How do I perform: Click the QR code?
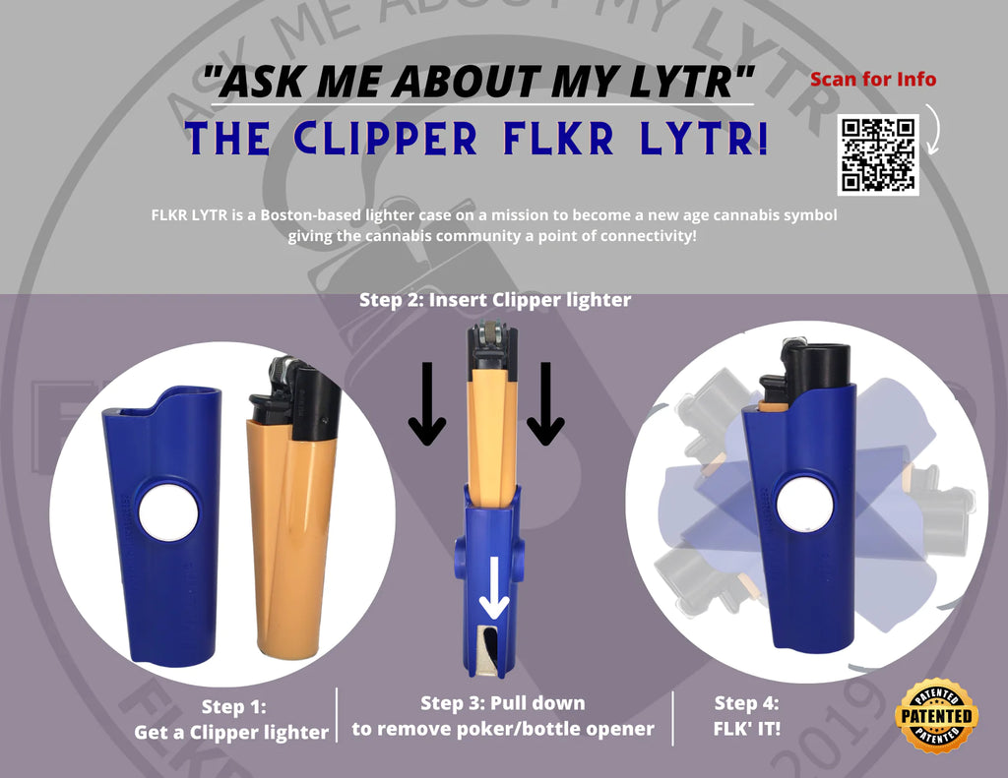pos(878,154)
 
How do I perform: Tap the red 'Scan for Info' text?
pos(873,79)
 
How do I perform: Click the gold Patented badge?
pos(936,715)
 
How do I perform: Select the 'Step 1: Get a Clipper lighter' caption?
pos(232,719)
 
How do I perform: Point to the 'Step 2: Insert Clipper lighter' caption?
pos(494,300)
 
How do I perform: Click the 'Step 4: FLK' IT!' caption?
pos(746,716)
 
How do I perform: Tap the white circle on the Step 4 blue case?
pos(804,504)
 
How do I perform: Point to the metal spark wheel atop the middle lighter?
pos(492,334)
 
